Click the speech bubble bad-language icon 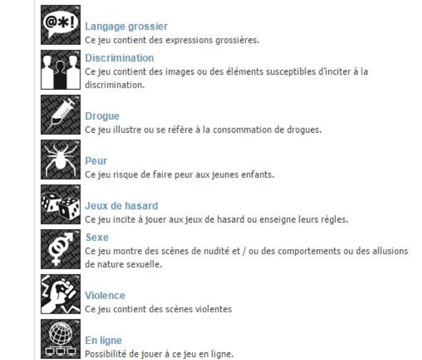click(x=61, y=25)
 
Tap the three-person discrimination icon click(x=61, y=70)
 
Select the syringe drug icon click(x=61, y=114)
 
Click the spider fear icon click(x=61, y=160)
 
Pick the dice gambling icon click(x=61, y=204)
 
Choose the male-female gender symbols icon click(x=61, y=249)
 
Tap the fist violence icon click(x=61, y=294)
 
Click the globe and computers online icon click(x=61, y=339)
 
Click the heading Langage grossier click(x=126, y=27)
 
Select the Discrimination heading click(x=119, y=58)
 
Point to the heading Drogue click(x=102, y=116)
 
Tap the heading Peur click(x=96, y=161)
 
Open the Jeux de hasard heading click(x=121, y=206)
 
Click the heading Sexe click(x=97, y=237)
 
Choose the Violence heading click(x=105, y=296)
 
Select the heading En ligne click(x=103, y=340)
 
